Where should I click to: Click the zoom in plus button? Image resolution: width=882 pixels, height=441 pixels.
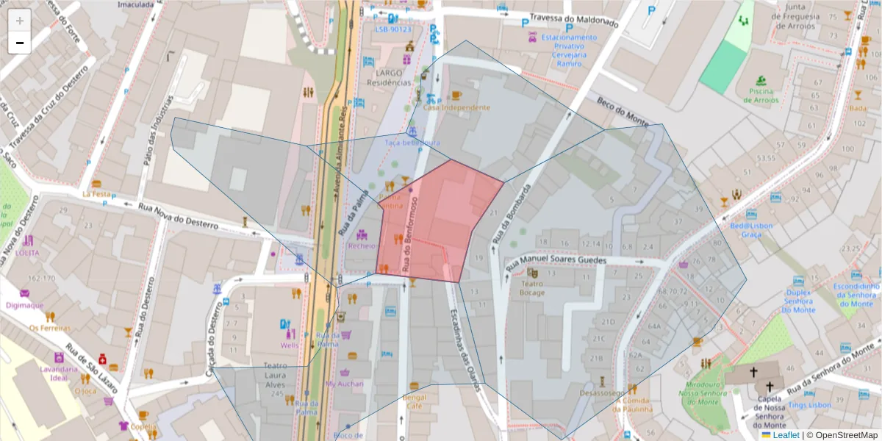(20, 20)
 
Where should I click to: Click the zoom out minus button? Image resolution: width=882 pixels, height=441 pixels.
(20, 43)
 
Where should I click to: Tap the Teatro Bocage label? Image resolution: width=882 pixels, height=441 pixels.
(533, 287)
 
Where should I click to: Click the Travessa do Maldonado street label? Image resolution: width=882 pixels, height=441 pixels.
(570, 22)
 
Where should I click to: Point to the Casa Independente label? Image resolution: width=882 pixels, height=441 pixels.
(456, 107)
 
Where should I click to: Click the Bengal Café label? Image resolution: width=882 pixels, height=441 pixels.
(415, 401)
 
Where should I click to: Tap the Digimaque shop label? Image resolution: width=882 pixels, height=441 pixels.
(24, 304)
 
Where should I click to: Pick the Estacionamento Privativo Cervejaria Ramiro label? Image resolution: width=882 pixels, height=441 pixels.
(569, 50)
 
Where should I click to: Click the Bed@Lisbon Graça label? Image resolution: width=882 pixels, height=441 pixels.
(749, 230)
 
